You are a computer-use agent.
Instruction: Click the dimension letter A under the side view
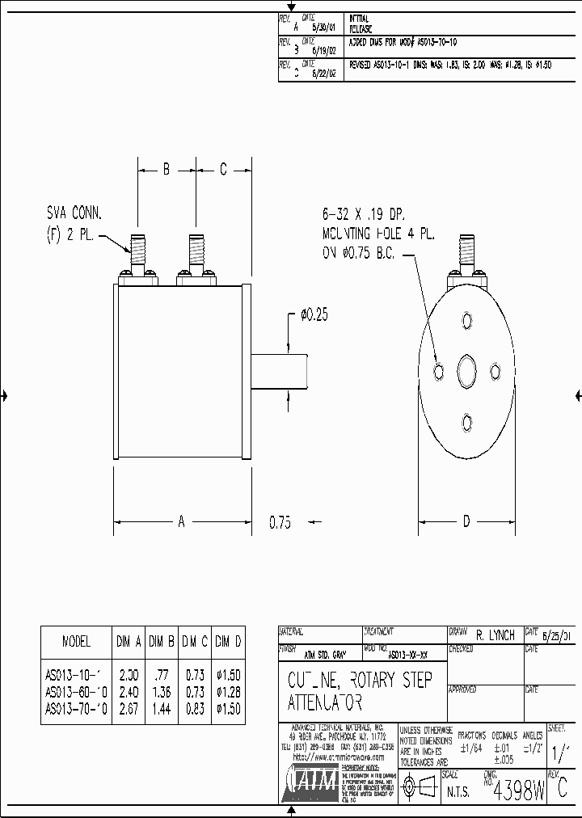point(181,522)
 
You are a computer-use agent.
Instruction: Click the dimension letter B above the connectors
point(165,170)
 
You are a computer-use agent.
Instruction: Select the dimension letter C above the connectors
point(224,170)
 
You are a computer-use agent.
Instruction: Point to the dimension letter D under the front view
point(466,522)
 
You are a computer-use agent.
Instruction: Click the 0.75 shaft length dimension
point(280,523)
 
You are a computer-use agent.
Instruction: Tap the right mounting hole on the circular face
point(496,370)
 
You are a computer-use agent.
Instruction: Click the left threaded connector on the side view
point(137,254)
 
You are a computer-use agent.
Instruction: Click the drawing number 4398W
point(518,788)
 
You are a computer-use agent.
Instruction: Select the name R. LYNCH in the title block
point(496,636)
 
